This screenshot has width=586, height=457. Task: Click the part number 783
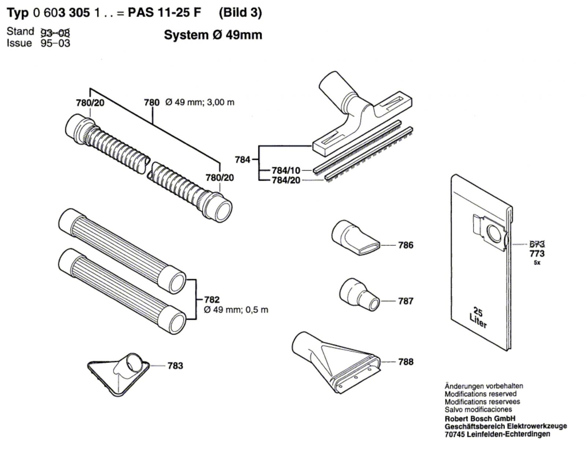pos(175,366)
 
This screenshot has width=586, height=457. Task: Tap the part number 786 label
pos(406,245)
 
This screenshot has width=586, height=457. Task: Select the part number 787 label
pos(406,301)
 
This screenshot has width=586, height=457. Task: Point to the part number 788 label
pos(406,362)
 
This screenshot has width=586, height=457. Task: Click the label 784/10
pos(286,170)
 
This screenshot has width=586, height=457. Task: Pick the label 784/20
pos(286,180)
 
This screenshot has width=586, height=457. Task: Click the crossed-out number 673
pos(537,244)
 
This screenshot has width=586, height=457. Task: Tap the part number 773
pos(537,253)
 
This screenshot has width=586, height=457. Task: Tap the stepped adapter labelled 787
pos(359,295)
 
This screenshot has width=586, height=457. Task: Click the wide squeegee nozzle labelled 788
pos(336,362)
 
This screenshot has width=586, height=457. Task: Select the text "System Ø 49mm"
pos(213,35)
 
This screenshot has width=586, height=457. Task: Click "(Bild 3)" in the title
pos(240,12)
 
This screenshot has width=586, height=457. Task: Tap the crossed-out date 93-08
pos(55,33)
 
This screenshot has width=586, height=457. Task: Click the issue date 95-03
pos(55,43)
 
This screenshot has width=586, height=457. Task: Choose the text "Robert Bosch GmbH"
pos(480,418)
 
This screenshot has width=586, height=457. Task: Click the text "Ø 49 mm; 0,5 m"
pos(236,310)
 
